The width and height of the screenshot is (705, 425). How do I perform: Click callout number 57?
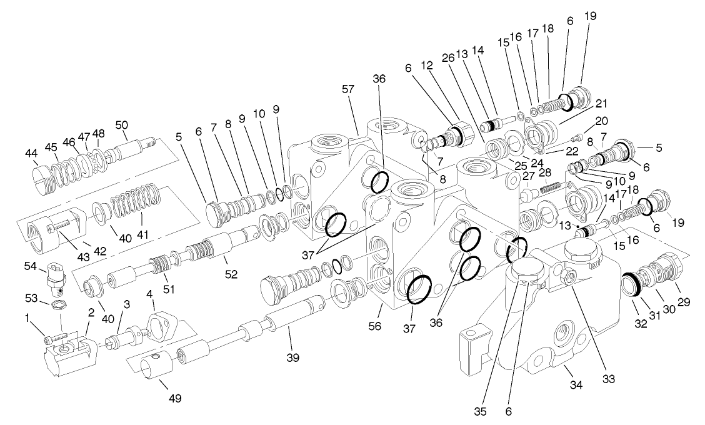348,90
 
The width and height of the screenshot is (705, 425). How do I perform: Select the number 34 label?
576,385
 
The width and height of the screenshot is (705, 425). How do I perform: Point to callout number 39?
293,358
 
